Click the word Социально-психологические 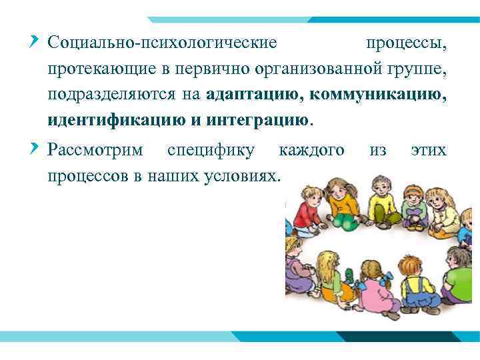click(162, 43)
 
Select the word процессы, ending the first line click(406, 43)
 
